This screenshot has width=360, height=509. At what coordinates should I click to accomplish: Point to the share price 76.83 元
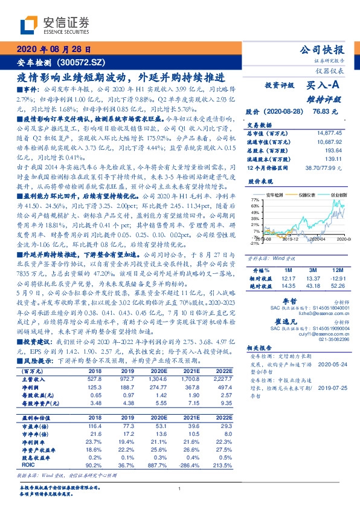pyautogui.click(x=324, y=112)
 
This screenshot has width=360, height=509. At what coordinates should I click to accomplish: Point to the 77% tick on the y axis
pyautogui.click(x=256, y=200)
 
